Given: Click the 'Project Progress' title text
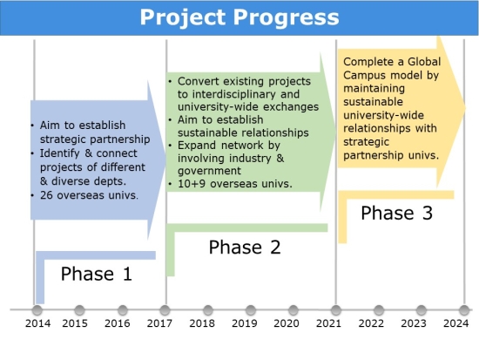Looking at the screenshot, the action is coord(239,17).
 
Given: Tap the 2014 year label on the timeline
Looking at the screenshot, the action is coord(37,323).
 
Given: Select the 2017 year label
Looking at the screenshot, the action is coord(159,323).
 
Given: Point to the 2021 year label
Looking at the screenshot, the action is coord(328,323).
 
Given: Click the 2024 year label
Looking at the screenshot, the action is coord(455,323).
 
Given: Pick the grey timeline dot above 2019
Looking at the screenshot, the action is coord(251,310).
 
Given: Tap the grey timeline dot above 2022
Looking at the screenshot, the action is coord(379,310).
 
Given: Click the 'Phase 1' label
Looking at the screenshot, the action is coord(97,274).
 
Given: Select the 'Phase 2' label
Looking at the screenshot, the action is coord(245,248).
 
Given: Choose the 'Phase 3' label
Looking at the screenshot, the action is coord(397,213).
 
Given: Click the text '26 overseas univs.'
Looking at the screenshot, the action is coord(89,195).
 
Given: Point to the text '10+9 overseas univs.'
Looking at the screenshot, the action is coord(235,184).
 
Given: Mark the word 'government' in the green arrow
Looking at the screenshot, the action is coord(209,171).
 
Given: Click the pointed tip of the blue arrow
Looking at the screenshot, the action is coord(165,159).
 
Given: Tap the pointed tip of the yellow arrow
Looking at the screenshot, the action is coord(466,108).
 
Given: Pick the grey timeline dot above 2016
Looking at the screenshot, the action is coord(123,310).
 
